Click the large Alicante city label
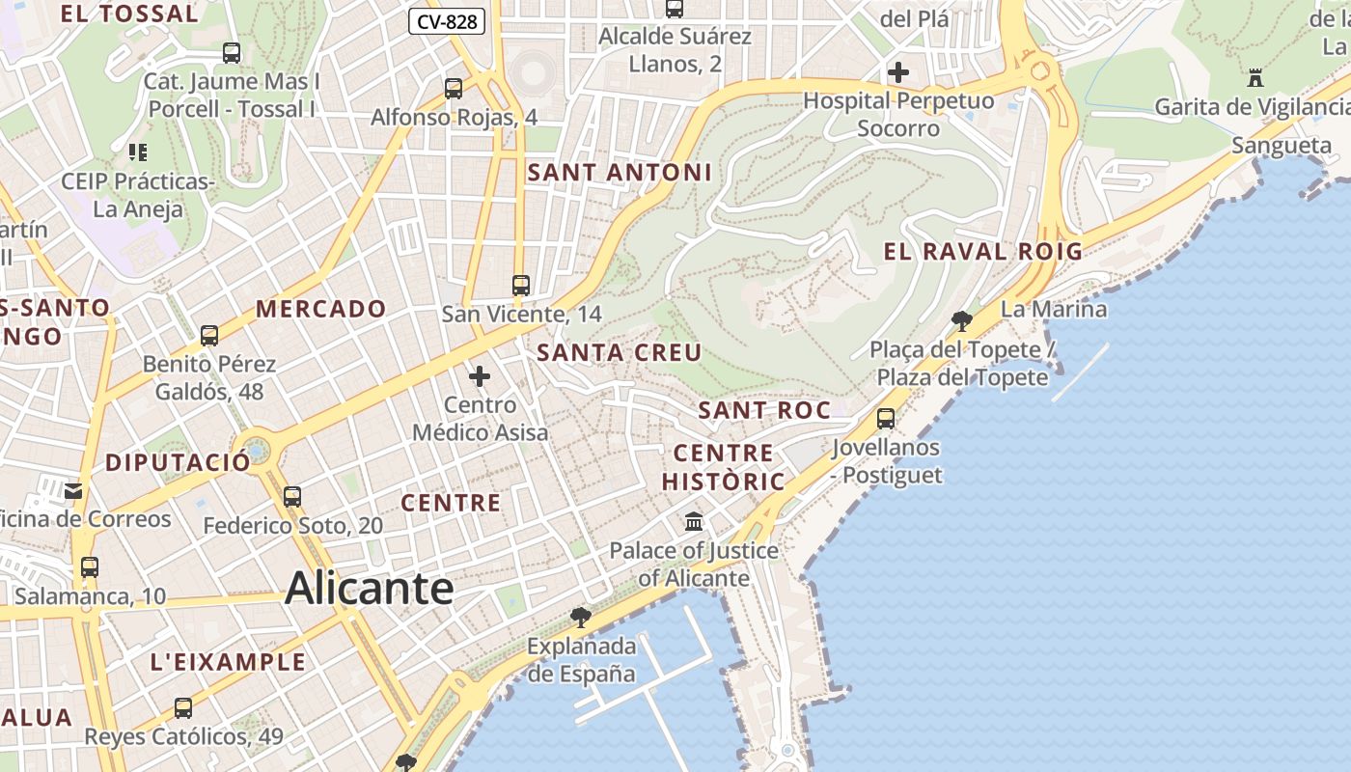pyautogui.click(x=370, y=588)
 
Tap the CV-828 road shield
pyautogui.click(x=446, y=21)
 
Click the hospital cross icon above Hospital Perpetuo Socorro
pyautogui.click(x=898, y=72)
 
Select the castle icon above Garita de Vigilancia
pyautogui.click(x=1255, y=78)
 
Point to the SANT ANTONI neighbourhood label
pyautogui.click(x=620, y=173)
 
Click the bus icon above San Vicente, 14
pyautogui.click(x=521, y=286)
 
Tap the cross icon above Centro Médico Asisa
pyautogui.click(x=480, y=376)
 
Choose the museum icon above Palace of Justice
pyautogui.click(x=693, y=522)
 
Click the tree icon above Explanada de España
pyautogui.click(x=580, y=617)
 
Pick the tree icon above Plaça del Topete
pyautogui.click(x=961, y=321)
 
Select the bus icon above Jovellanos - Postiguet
pyautogui.click(x=885, y=419)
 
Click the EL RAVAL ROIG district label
pyautogui.click(x=982, y=252)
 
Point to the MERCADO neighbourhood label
pyautogui.click(x=321, y=310)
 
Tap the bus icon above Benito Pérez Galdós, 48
pyautogui.click(x=209, y=336)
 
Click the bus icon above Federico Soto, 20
pyautogui.click(x=292, y=497)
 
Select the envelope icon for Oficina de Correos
pyautogui.click(x=73, y=491)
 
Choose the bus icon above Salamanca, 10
pyautogui.click(x=90, y=567)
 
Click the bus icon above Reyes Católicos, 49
pyautogui.click(x=183, y=708)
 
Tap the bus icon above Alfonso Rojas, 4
pyautogui.click(x=454, y=89)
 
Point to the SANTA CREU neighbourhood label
pyautogui.click(x=619, y=352)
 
